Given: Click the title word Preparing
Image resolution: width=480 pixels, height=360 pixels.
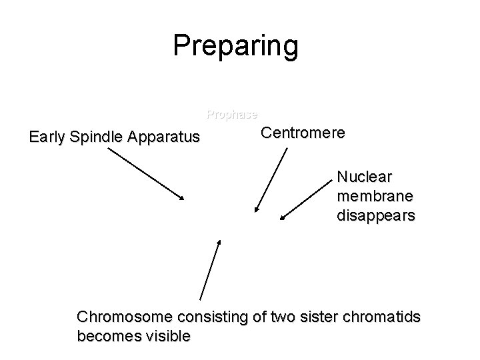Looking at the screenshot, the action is [235, 46].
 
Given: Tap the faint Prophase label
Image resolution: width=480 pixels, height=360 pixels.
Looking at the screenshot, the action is [232, 114].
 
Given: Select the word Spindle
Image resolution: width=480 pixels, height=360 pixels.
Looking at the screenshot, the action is [96, 138].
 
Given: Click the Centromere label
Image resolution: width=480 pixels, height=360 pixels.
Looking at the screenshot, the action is [303, 133].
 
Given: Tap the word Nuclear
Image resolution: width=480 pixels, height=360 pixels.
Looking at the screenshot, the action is [365, 177].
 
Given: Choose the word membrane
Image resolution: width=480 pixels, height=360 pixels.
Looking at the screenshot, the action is [375, 197].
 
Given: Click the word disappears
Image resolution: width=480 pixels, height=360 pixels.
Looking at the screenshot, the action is [376, 216].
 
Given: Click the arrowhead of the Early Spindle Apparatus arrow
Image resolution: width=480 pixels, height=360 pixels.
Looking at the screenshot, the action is [182, 198].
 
